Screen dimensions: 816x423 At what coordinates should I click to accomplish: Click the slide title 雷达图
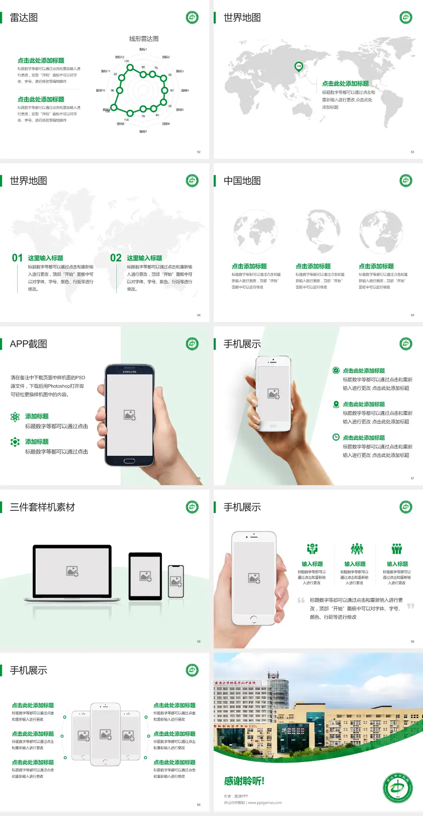point(24,18)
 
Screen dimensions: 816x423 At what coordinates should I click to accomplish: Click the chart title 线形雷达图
point(144,39)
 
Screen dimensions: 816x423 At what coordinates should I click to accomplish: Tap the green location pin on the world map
point(299,67)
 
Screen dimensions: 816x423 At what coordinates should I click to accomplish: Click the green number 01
point(17,258)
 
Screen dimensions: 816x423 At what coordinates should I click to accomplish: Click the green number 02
point(116,258)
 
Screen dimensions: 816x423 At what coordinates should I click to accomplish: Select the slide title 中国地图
point(242,181)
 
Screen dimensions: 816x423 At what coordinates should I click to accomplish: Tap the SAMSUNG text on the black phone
point(130,372)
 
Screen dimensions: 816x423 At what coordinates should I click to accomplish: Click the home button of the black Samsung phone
point(129,461)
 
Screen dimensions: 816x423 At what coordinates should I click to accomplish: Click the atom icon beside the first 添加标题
point(15,417)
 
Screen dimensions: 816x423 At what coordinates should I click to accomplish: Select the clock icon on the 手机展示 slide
point(336,437)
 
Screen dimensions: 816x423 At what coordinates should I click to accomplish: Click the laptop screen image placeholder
point(72,571)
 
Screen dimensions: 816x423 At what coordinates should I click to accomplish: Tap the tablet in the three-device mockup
point(145,576)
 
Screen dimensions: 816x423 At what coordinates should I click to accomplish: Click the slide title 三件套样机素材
point(42,507)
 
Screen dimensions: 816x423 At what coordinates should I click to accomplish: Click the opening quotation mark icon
point(301,600)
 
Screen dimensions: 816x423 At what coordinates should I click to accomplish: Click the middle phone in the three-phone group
point(105,734)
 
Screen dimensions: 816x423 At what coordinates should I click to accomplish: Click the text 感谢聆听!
point(244,781)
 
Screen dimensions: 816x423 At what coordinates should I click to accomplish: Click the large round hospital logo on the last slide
point(397,788)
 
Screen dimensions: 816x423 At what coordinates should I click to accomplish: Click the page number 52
point(199,152)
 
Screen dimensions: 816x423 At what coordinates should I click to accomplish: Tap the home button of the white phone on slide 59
point(253,619)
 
